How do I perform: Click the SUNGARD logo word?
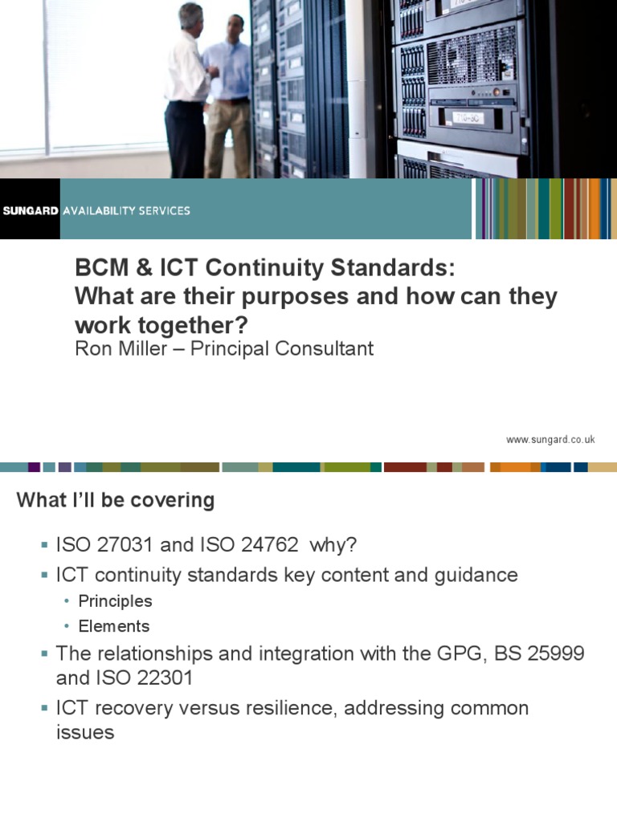pos(30,210)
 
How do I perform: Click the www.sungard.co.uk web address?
pos(550,439)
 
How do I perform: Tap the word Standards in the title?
pos(386,267)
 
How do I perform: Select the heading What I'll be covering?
pos(116,500)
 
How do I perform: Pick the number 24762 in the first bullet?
pos(253,545)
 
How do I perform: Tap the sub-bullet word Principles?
pos(115,601)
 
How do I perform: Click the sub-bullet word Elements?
pos(114,626)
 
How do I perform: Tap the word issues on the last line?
pos(84,732)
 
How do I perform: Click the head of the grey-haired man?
pos(190,14)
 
